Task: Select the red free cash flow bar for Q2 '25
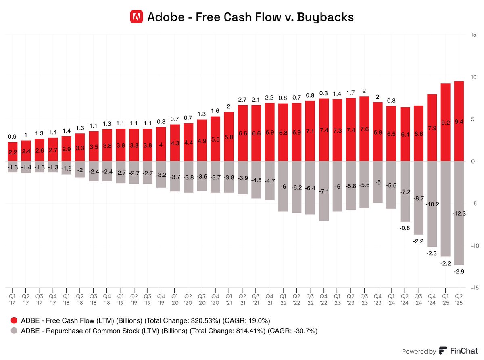(459, 121)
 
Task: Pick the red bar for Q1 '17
(13, 152)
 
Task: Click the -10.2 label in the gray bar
(432, 205)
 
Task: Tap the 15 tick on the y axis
(473, 35)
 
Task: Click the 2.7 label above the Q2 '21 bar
(242, 100)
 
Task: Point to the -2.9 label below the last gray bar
(459, 271)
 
